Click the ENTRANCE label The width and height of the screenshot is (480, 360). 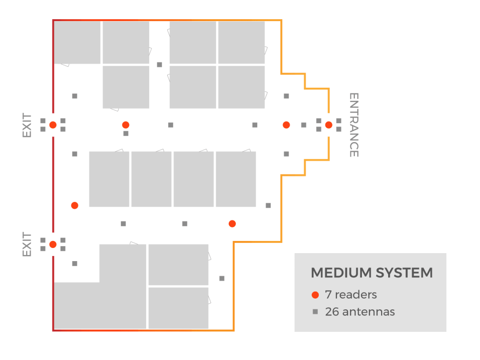click(354, 125)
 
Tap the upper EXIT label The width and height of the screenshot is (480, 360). click(27, 125)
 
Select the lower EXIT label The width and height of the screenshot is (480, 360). click(27, 244)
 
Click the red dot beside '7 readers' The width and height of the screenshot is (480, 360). click(315, 295)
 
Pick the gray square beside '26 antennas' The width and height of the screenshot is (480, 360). click(315, 312)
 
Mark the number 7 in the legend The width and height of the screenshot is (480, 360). click(328, 295)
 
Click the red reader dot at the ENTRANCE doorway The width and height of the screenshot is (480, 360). click(329, 125)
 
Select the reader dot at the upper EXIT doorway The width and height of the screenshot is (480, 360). click(53, 125)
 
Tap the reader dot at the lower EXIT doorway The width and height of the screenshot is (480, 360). click(53, 244)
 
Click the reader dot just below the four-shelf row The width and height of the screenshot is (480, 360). click(232, 224)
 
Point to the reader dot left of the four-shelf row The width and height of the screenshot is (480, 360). click(75, 205)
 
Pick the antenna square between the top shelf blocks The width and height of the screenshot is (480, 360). click(159, 65)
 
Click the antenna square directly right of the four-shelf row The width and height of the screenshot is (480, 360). click(268, 205)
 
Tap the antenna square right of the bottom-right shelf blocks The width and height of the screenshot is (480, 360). click(222, 278)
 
